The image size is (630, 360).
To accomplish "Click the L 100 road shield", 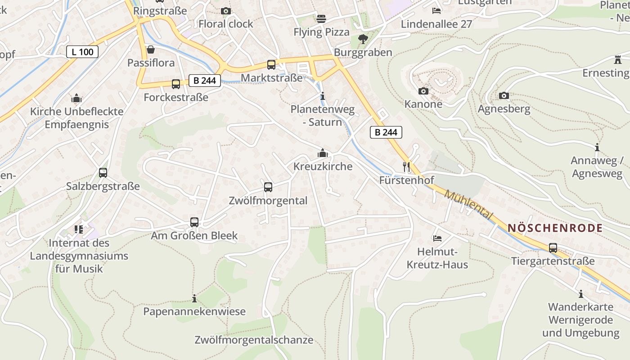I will click(x=82, y=52).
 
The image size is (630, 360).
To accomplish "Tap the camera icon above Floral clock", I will click(x=226, y=11).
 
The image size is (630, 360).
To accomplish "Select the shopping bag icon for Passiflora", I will click(x=151, y=49).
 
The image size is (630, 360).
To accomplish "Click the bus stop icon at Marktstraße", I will click(x=271, y=64).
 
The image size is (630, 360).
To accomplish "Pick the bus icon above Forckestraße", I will click(x=176, y=84).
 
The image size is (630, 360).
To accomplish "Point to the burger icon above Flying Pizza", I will click(x=321, y=18).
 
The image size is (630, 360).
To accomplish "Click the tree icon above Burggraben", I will click(x=363, y=39).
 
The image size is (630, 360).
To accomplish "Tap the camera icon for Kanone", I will click(x=423, y=91).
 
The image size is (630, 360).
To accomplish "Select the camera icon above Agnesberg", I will click(x=504, y=95).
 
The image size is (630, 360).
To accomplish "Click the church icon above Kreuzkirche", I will click(x=322, y=153).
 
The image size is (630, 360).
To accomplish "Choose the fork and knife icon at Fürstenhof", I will click(x=406, y=167).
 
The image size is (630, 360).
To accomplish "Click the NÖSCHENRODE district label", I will click(x=555, y=228).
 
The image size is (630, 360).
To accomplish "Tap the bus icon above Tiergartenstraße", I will click(x=553, y=247).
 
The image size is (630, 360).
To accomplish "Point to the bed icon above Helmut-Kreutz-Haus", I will click(x=437, y=238).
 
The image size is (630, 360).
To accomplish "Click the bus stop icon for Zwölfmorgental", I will click(x=268, y=187).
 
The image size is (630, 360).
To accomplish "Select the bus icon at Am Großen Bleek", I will click(x=194, y=222).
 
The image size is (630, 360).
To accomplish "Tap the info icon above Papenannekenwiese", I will click(x=194, y=298).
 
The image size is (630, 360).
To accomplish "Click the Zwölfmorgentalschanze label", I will click(x=254, y=340).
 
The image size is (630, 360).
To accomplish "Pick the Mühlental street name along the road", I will click(x=468, y=205).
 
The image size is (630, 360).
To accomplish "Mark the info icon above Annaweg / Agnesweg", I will click(x=597, y=147).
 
